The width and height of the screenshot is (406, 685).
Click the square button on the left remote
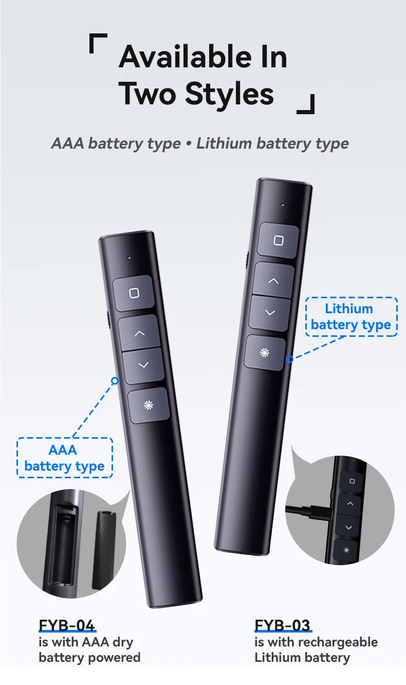pyautogui.click(x=134, y=293)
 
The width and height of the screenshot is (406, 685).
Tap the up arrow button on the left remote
pyautogui.click(x=139, y=333)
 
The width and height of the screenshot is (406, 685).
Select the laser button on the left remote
pyautogui.click(x=149, y=405)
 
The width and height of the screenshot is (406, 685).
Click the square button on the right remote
pyautogui.click(x=278, y=240)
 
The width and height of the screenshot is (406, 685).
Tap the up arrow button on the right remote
pyautogui.click(x=273, y=280)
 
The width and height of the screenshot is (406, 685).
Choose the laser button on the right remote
pyautogui.click(x=265, y=353)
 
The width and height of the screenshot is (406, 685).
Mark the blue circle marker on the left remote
pyautogui.click(x=115, y=381)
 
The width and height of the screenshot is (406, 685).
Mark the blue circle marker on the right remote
pyautogui.click(x=289, y=359)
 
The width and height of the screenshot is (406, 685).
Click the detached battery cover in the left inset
pyautogui.click(x=104, y=550)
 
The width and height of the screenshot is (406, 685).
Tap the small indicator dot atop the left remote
pyautogui.click(x=129, y=258)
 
